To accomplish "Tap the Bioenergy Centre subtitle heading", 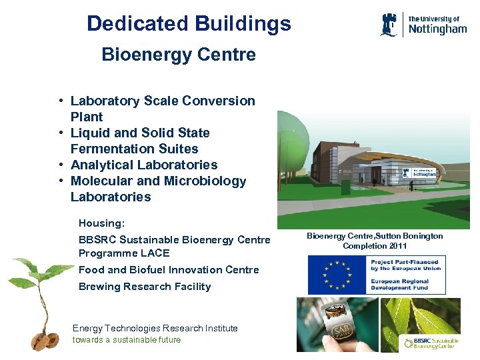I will pyautogui.click(x=178, y=55).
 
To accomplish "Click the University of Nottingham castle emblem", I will pyautogui.click(x=390, y=25).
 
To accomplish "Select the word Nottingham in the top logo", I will pyautogui.click(x=437, y=29).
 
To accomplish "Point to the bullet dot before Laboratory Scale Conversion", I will pyautogui.click(x=61, y=101).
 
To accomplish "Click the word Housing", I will pyautogui.click(x=101, y=223).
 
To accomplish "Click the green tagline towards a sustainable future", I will pyautogui.click(x=126, y=339).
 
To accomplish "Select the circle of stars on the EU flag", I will pyautogui.click(x=336, y=275).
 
